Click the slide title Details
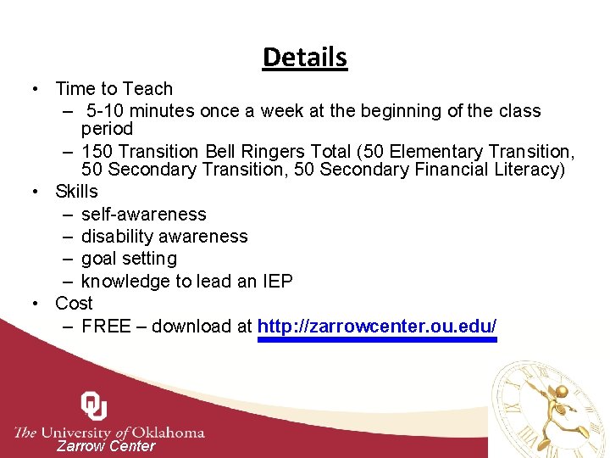[305, 57]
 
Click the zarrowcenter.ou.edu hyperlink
[377, 327]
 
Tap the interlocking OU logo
[93, 405]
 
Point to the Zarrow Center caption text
[106, 446]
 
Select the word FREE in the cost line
[106, 327]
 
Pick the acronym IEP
[277, 282]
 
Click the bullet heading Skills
[76, 192]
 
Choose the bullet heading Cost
[74, 304]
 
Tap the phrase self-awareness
[143, 215]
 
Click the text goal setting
[129, 259]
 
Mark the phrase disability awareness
[164, 237]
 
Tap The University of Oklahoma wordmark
[109, 432]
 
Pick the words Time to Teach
[114, 89]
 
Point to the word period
[107, 129]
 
